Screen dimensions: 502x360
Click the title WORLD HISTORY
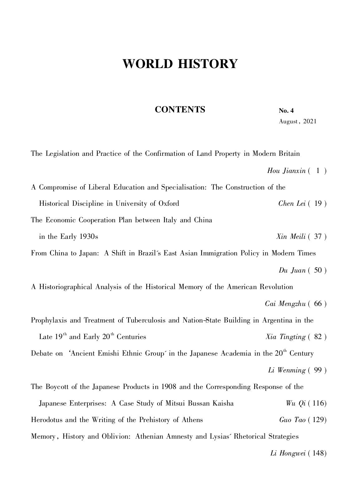pos(180,64)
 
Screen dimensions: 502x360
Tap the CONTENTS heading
pos(180,110)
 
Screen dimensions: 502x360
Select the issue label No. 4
pos(286,111)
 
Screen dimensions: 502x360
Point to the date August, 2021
pos(297,121)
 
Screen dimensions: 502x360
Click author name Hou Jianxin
pos(286,171)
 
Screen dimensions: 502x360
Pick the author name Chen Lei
pos(292,204)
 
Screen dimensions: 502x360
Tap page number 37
pos(318,237)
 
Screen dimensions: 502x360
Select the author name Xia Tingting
pos(285,337)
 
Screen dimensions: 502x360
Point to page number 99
pos(318,370)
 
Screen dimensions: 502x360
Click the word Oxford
pos(169,204)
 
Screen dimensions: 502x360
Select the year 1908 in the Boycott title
pos(169,387)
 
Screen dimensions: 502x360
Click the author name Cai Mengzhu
pos(285,304)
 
